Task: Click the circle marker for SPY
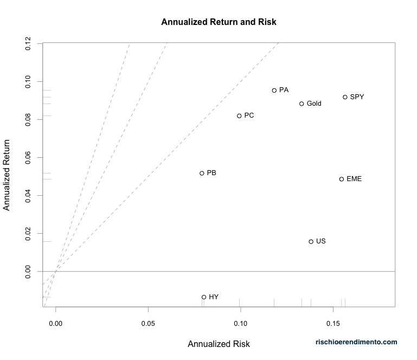(345, 97)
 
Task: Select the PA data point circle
(274, 91)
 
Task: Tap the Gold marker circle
(301, 104)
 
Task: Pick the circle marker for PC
(239, 115)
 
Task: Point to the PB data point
(202, 173)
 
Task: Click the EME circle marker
(342, 179)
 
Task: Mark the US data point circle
(311, 242)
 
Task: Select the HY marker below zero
(204, 297)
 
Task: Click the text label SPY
(357, 97)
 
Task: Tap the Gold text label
(314, 104)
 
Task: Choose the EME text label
(354, 179)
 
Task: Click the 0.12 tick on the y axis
(28, 44)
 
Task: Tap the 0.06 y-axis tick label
(28, 158)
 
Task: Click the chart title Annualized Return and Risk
(219, 22)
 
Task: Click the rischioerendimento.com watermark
(357, 342)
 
